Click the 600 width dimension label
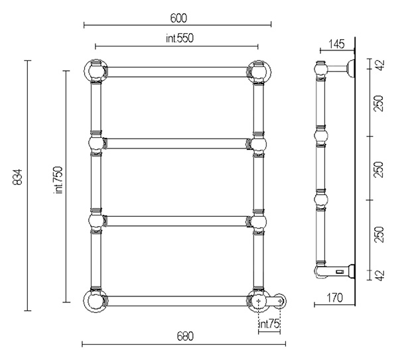178,18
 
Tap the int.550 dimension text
180,38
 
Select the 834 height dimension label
18,177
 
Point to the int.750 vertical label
58,180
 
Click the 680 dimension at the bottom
185,336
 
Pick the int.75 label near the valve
269,324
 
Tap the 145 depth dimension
336,44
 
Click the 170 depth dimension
334,298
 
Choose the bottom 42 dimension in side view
380,276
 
